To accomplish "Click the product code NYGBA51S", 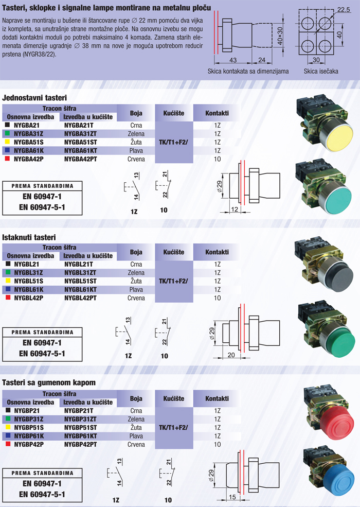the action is click(28, 142).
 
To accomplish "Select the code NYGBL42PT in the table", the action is click(80, 298).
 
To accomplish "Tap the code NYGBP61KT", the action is click(80, 436).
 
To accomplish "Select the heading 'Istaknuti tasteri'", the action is click(29, 237).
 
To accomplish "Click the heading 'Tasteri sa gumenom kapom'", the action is click(49, 383).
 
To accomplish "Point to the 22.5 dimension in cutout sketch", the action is click(343, 10).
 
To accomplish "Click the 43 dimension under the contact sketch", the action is click(232, 60).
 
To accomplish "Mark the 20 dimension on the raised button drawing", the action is click(231, 355).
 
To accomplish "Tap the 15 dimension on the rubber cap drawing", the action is click(232, 497).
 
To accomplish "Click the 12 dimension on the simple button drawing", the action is click(235, 209).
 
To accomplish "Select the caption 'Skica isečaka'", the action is click(321, 72).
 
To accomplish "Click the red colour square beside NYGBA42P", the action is click(7, 159).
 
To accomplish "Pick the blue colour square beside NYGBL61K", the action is click(8, 289).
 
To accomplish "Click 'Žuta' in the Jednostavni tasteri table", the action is click(136, 142).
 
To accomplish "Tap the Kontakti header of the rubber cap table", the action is click(217, 399).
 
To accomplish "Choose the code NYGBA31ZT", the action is click(80, 134).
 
